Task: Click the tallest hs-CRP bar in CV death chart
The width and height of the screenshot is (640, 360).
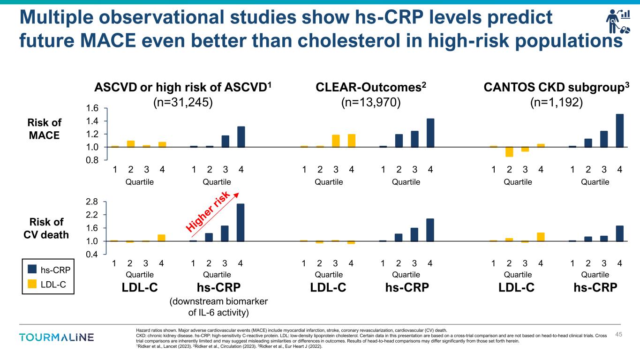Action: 241,223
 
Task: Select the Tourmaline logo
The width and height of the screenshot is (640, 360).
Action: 56,337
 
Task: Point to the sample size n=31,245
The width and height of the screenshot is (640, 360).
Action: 183,102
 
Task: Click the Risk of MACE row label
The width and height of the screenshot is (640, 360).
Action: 45,128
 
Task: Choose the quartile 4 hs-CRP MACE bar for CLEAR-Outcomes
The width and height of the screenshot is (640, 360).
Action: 430,133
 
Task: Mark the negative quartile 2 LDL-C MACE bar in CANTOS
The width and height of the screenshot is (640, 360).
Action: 509,152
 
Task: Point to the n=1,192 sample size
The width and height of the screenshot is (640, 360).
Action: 556,102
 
